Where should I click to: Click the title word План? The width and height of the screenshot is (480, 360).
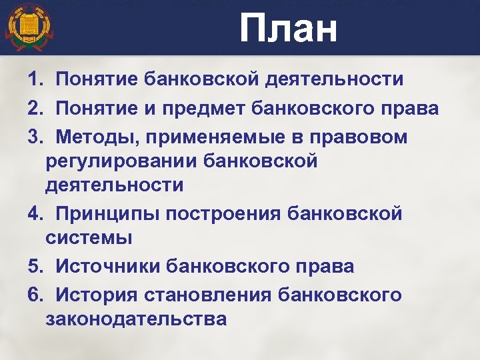pyautogui.click(x=289, y=29)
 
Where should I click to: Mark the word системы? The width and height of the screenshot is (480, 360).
pyautogui.click(x=89, y=237)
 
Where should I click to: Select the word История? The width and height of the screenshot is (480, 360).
pyautogui.click(x=95, y=295)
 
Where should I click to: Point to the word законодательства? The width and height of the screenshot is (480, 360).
pyautogui.click(x=136, y=319)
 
